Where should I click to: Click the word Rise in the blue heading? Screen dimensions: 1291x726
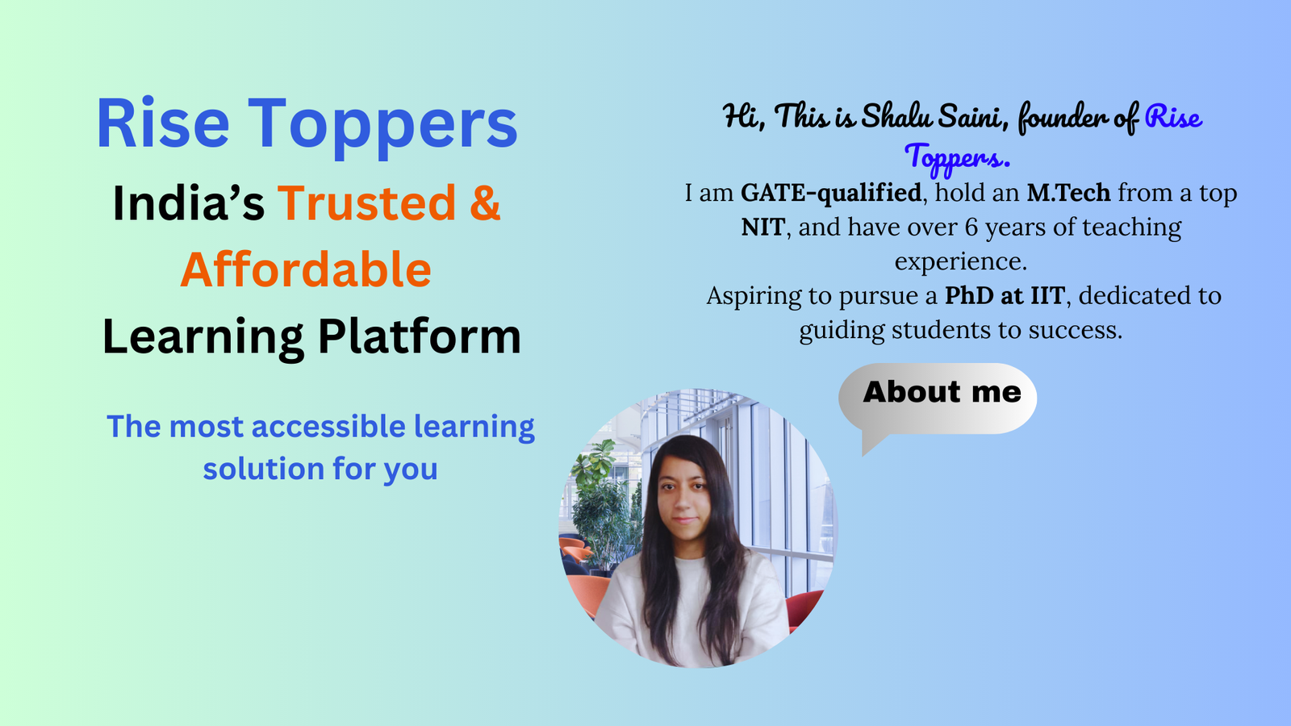(x=163, y=123)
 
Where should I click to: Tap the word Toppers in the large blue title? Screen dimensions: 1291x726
(x=382, y=128)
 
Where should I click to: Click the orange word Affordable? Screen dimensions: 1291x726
(x=306, y=269)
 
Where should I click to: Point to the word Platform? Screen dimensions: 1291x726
(x=420, y=336)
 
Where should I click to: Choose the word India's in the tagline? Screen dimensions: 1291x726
(x=189, y=202)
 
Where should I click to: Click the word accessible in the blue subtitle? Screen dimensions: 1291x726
(x=328, y=427)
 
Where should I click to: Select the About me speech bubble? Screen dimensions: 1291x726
(x=938, y=398)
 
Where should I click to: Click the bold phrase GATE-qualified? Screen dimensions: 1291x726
(x=830, y=193)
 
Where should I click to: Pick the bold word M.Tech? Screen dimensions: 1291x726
(x=1068, y=193)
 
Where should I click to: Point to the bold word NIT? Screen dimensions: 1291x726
(x=763, y=227)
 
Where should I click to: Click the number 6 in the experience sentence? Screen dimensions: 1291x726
(x=971, y=227)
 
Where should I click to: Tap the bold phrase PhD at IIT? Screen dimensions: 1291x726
(x=1005, y=295)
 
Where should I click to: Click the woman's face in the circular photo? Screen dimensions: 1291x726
(x=684, y=495)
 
